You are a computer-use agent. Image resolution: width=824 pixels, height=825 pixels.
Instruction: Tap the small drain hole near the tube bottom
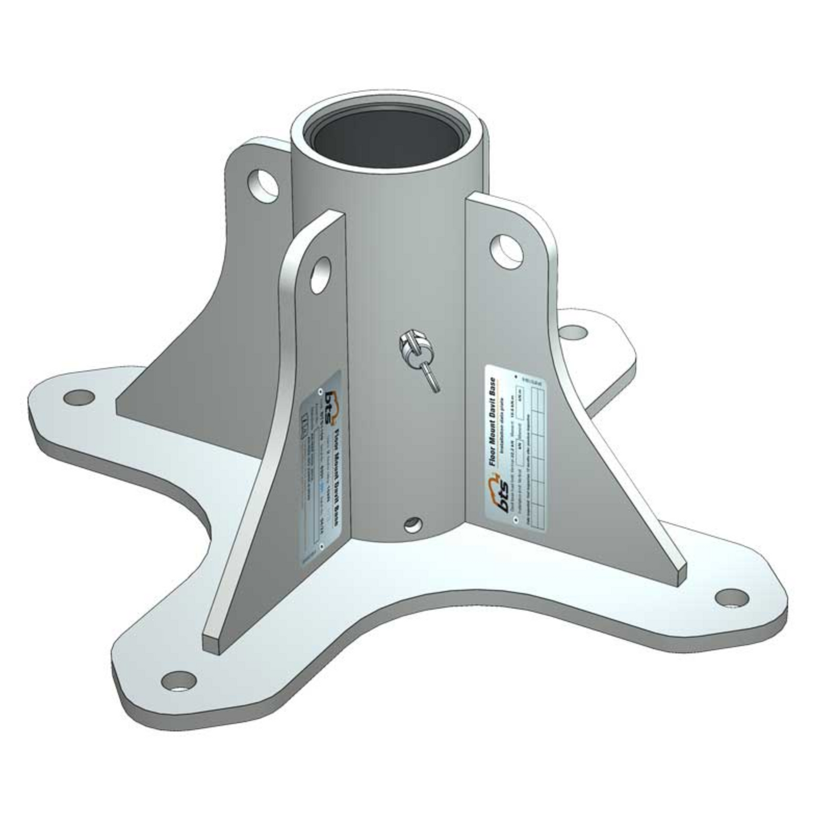click(x=413, y=523)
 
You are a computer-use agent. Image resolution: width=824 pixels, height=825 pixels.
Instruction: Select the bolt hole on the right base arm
click(x=731, y=597)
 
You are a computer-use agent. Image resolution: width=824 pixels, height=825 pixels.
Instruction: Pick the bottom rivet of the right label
click(x=516, y=519)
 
